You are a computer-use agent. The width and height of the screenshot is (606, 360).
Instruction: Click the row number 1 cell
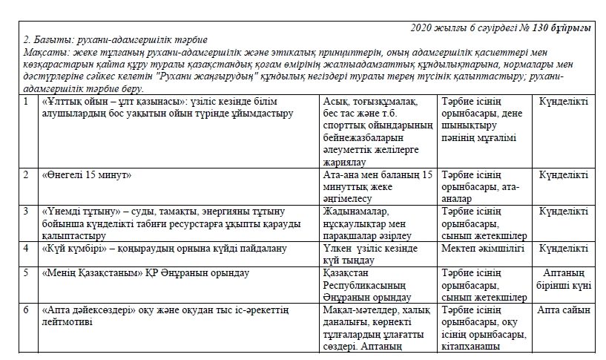pos(26,100)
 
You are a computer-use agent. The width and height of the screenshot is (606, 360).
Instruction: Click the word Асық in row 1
pos(337,101)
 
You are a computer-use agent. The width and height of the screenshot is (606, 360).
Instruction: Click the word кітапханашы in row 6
pos(474,345)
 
